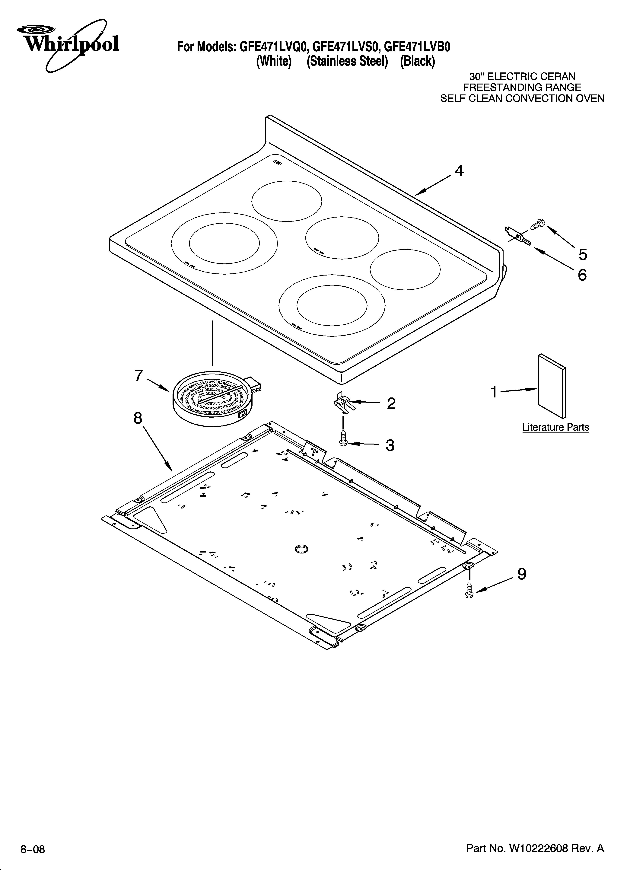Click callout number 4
coord(459,171)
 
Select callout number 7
coord(138,376)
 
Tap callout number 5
coord(582,254)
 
